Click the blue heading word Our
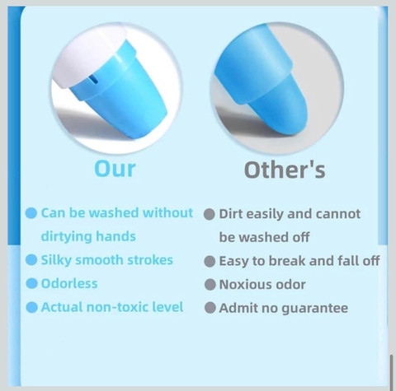[x=115, y=169]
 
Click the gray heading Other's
[x=285, y=170]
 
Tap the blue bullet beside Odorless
[x=31, y=283]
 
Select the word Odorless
[x=69, y=283]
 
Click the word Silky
[x=56, y=260]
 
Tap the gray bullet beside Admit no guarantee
[x=210, y=308]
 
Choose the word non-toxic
[x=117, y=307]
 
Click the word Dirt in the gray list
[x=230, y=214]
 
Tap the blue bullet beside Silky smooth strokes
[x=31, y=260]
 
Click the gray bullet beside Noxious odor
[x=210, y=285]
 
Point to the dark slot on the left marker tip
[x=94, y=80]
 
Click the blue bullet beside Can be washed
[x=31, y=213]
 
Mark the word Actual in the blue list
[x=62, y=307]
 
